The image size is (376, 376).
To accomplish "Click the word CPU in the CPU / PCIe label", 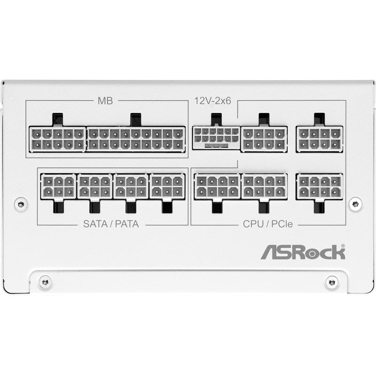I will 254,224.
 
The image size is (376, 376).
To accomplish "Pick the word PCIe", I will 281,224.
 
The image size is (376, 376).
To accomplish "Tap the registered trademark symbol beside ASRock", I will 343,245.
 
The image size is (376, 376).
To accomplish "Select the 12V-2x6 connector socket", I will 216,138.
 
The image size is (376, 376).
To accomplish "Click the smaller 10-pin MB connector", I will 57,139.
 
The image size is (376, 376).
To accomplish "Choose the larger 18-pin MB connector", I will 135,139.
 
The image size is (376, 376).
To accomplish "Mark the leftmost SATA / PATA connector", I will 58,186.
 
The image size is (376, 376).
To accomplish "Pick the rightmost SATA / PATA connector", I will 167,186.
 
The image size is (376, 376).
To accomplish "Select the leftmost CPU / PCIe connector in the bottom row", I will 217,186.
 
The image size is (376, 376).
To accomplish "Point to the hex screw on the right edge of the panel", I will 356,203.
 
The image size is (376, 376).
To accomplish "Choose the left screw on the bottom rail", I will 45,282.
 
